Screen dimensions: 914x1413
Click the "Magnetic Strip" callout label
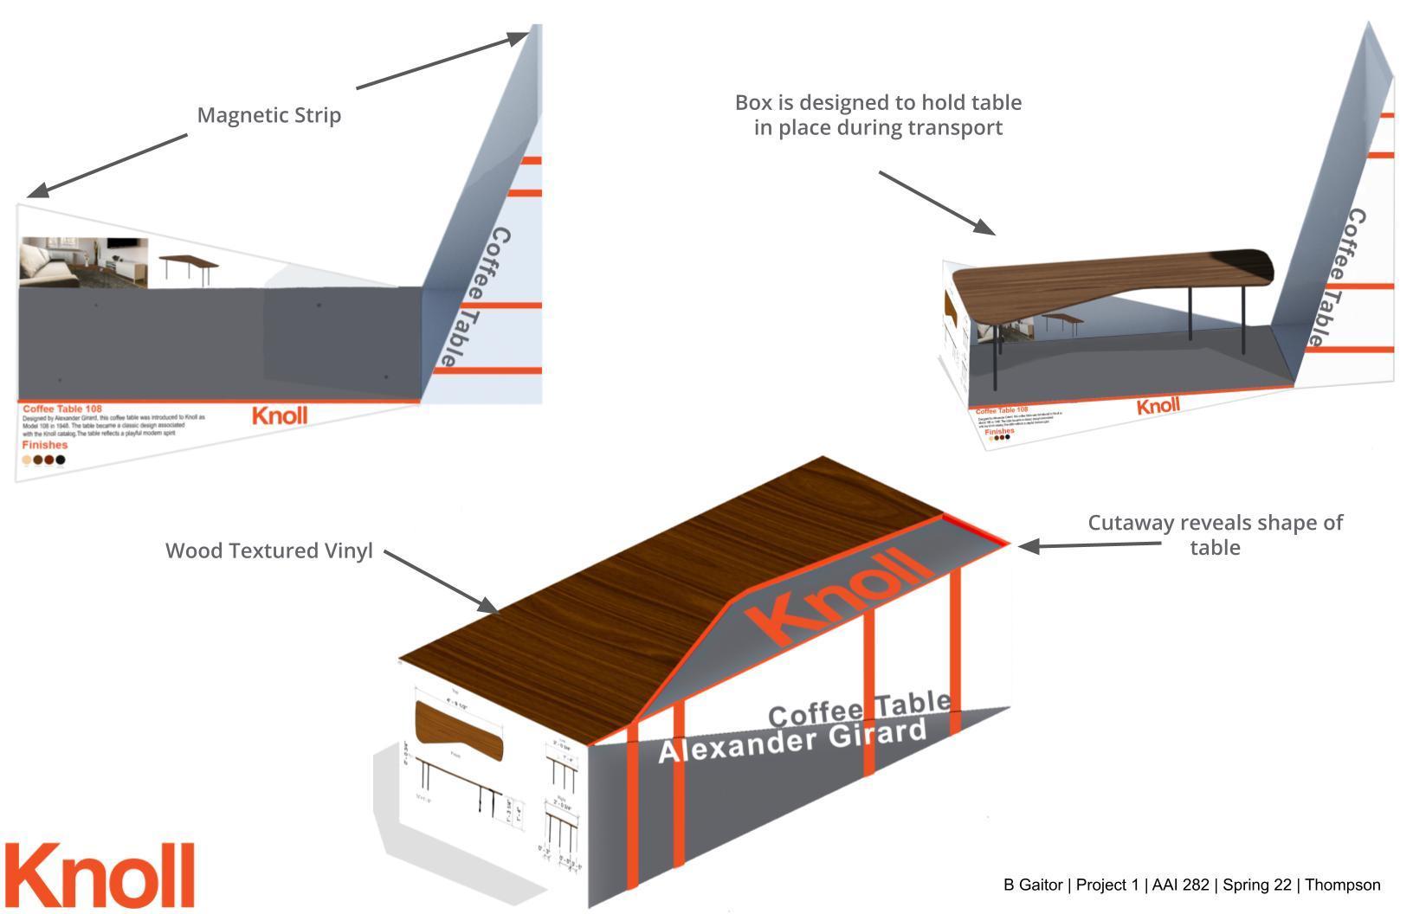[x=268, y=115]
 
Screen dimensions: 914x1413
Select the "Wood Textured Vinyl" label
[x=268, y=551]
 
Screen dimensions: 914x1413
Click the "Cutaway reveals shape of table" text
[x=1215, y=535]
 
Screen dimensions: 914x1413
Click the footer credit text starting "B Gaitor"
[x=1191, y=885]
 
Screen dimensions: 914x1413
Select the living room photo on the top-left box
[x=83, y=262]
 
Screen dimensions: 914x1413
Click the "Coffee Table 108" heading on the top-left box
[x=62, y=409]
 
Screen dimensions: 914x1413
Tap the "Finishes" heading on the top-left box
[x=44, y=445]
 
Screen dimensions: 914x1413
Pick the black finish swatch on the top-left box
[x=61, y=460]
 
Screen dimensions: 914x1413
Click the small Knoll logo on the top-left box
[x=280, y=415]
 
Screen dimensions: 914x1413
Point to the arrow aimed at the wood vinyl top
[x=441, y=581]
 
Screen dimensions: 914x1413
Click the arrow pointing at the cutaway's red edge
[x=1090, y=545]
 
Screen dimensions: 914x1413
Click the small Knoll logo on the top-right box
[x=1158, y=406]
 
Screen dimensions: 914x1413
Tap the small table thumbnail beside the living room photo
[x=190, y=267]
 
